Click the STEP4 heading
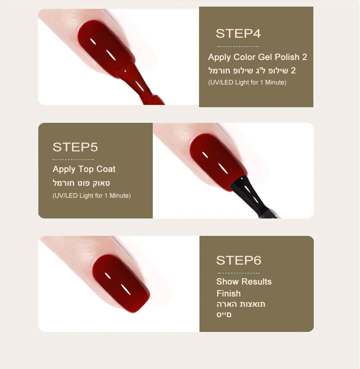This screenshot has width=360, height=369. coord(238,33)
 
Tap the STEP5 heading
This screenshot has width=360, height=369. coord(75,147)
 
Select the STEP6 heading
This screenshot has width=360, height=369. coord(238,260)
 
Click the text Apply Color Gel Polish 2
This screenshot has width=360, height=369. coord(257,57)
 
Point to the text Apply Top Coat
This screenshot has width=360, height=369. coord(84,169)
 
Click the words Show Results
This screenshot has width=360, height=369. coord(244,282)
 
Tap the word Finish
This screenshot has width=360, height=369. coord(228,294)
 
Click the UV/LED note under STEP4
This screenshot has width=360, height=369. coord(247,82)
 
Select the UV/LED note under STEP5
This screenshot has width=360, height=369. coord(91,195)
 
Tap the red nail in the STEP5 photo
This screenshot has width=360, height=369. coord(217,161)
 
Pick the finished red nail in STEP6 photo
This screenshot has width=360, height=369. coord(121,283)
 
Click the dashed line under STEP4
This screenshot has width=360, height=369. coord(238,46)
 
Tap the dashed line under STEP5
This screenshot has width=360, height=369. coord(73,159)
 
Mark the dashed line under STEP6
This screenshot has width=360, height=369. coord(238,273)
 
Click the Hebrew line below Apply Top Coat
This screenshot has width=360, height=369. coord(81,183)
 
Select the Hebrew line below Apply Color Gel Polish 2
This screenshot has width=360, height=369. coord(252,70)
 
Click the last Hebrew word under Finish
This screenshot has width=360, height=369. coord(224,315)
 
